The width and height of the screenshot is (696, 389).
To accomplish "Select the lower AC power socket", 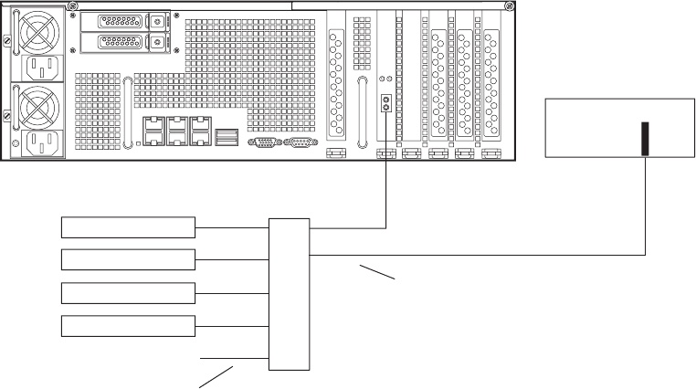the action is pos(40,143).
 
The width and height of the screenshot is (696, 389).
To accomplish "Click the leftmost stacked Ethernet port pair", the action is pos(153,132).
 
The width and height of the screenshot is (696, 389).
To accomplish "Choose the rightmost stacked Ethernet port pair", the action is pos(200,132).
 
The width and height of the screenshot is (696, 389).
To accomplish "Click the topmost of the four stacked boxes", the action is pos(129,227).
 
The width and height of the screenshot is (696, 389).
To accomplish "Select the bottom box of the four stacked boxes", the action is pos(129,326).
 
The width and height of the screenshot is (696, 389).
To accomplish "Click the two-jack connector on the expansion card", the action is pos(386,103).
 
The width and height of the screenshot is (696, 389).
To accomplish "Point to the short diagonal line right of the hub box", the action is pos(376,272).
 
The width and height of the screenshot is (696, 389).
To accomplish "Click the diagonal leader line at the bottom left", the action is pos(216,376).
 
